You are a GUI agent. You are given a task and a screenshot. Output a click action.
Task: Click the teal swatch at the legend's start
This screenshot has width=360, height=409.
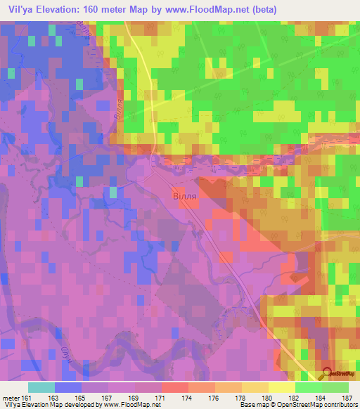coord(41,387)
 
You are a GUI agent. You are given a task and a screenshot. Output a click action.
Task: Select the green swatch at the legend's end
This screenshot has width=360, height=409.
coord(335,387)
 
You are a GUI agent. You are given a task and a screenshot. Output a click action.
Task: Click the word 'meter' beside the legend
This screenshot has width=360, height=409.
coord(11,397)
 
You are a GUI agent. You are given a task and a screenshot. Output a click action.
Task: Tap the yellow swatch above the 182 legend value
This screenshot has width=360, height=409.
coord(281,387)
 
